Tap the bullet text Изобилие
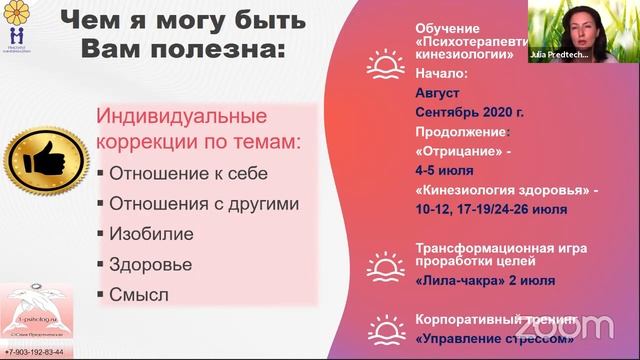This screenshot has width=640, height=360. (151, 234)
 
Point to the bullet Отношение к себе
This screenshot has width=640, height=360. (188, 173)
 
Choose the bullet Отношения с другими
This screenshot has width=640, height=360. (203, 204)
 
